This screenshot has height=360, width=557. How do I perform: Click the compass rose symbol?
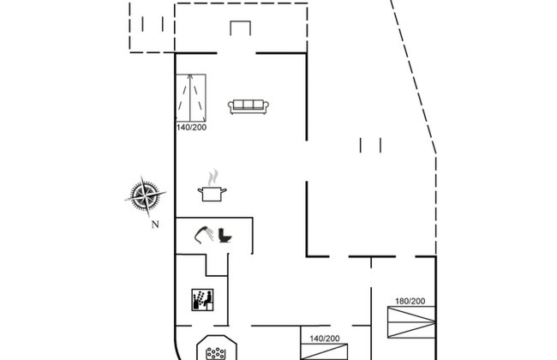point(146,195)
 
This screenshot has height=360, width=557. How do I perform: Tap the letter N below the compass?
point(155,225)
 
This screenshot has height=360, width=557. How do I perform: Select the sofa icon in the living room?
point(249,106)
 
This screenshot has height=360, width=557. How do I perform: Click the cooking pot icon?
point(212,194)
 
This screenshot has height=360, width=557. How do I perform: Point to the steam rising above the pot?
point(213,177)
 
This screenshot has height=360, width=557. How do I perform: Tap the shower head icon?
point(204,235)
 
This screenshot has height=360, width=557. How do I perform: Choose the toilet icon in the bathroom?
point(225,235)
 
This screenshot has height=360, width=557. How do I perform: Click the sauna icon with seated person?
point(202,300)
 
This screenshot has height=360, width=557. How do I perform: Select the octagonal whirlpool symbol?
point(217,347)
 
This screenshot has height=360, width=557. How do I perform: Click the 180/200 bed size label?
point(410,302)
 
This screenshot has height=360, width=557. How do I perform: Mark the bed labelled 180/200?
point(411,322)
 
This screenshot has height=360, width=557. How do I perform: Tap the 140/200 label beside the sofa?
point(191,127)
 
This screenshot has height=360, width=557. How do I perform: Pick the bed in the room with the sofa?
point(191,98)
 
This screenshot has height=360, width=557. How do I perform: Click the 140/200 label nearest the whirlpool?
point(324,339)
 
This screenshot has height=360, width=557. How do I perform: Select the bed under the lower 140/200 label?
point(324,351)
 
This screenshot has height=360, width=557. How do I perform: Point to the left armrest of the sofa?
point(231,106)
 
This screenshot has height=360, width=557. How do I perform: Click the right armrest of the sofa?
point(266,106)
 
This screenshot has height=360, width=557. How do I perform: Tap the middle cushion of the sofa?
point(249,105)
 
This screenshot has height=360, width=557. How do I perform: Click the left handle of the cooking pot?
point(201,191)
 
